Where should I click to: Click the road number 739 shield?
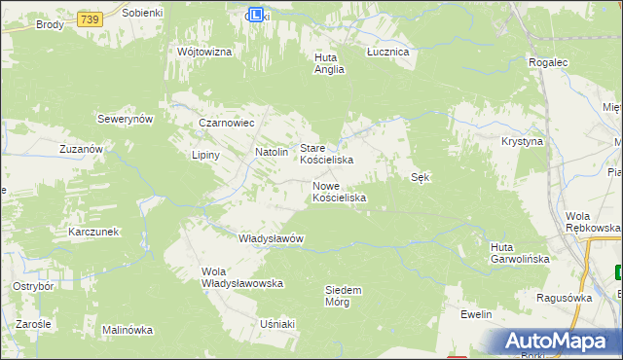pyautogui.click(x=91, y=19)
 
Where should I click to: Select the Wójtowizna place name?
pyautogui.click(x=204, y=52)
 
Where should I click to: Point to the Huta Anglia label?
pyautogui.click(x=329, y=63)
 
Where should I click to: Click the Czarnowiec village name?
pyautogui.click(x=226, y=124)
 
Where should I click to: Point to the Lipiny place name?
pyautogui.click(x=206, y=155)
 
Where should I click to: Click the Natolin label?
pyautogui.click(x=272, y=152)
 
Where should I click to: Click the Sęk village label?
pyautogui.click(x=421, y=177)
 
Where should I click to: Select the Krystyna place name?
pyautogui.click(x=522, y=141)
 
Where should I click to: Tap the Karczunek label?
pyautogui.click(x=93, y=233)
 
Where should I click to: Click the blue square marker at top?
pyautogui.click(x=256, y=15)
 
